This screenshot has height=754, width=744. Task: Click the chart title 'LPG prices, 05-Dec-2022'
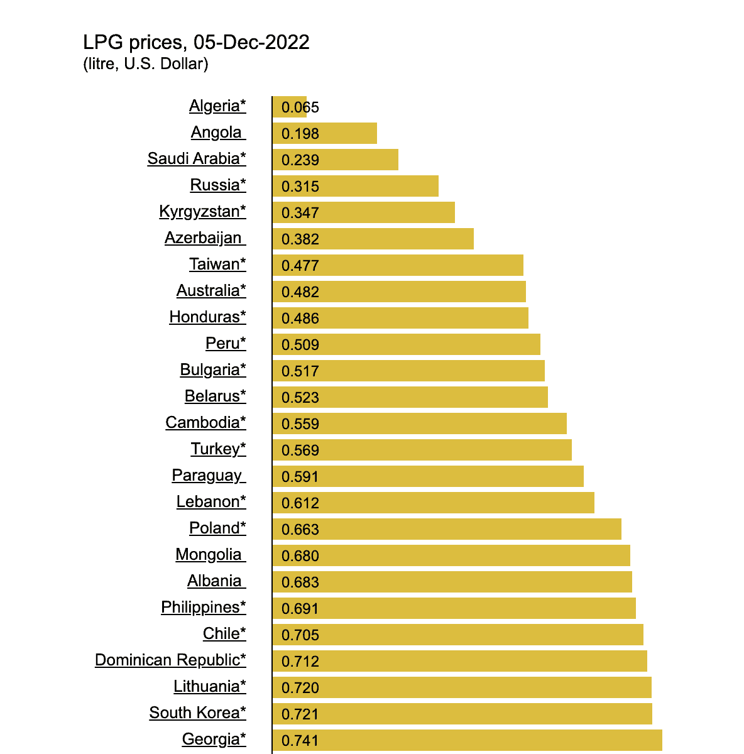pyautogui.click(x=196, y=43)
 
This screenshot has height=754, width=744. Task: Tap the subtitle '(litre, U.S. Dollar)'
pyautogui.click(x=146, y=64)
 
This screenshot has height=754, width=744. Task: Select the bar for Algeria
pyautogui.click(x=290, y=107)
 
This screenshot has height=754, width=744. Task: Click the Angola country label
pyautogui.click(x=217, y=133)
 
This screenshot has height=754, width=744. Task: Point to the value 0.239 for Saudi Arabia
pyautogui.click(x=300, y=160)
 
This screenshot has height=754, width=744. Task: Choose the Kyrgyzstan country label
pyautogui.click(x=202, y=212)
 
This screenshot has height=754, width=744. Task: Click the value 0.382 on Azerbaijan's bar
pyautogui.click(x=300, y=239)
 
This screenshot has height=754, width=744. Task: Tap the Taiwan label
pyautogui.click(x=217, y=265)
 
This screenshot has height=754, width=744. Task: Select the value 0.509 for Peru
pyautogui.click(x=300, y=345)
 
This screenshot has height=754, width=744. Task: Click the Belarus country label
pyautogui.click(x=215, y=396)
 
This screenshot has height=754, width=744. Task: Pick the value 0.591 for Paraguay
pyautogui.click(x=300, y=477)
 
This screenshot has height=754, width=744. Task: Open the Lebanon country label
pyautogui.click(x=211, y=502)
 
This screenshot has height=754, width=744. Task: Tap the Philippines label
pyautogui.click(x=204, y=608)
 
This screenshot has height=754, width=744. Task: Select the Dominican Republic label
pyautogui.click(x=170, y=660)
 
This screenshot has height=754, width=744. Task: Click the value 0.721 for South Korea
pyautogui.click(x=300, y=714)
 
